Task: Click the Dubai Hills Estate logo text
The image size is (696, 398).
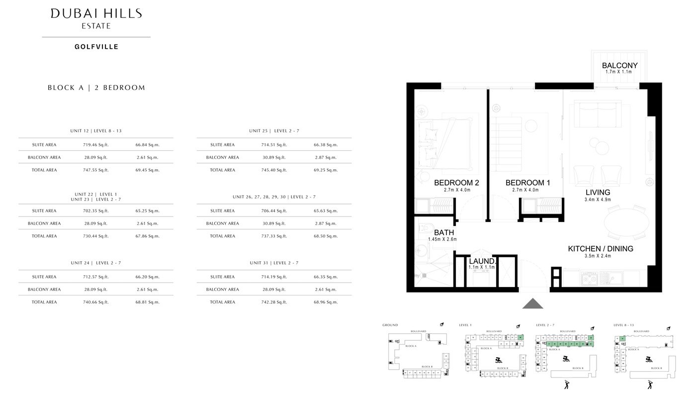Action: pos(96,18)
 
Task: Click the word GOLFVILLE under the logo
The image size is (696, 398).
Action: pos(96,47)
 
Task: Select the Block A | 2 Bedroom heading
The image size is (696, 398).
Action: pos(96,88)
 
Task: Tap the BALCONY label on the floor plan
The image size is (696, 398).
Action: pos(619,65)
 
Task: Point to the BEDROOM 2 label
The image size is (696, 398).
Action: pos(456,183)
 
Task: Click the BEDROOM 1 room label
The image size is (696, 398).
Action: pos(527,183)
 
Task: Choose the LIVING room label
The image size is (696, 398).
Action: pos(598,193)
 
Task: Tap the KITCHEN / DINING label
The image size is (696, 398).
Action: pos(601,249)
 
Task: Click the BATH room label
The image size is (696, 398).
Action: pos(443,232)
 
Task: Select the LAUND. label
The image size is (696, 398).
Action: pos(482,261)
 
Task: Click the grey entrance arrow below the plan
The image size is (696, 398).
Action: pos(532,303)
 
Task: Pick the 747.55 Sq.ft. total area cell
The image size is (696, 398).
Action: pos(96,170)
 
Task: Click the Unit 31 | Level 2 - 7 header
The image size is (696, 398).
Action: pos(274,263)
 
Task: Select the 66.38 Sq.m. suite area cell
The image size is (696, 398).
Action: pos(326,145)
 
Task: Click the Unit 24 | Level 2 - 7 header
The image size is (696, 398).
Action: pos(96,263)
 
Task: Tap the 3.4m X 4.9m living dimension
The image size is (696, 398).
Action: pos(598,200)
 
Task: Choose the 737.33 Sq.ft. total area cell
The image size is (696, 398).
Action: pos(274,236)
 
